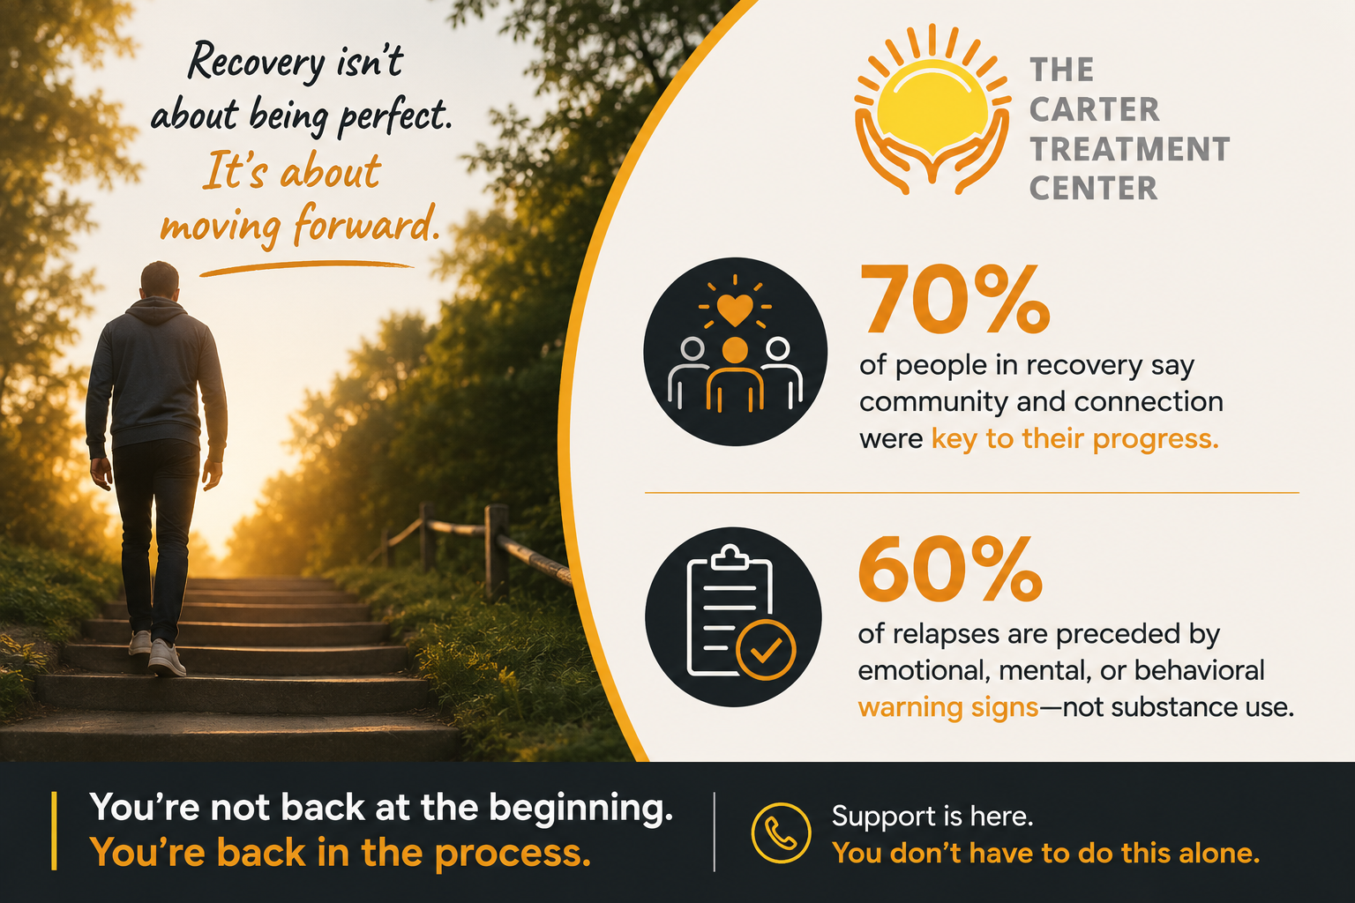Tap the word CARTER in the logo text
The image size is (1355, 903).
pos(1094,109)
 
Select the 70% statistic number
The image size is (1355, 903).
pos(954,300)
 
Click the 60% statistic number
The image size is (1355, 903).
pos(950,569)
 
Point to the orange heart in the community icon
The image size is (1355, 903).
pos(735,309)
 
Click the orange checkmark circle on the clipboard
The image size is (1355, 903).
pos(766,650)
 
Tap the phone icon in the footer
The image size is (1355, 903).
pos(781,832)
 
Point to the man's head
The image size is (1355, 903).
pos(160,280)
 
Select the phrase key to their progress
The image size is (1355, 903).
pos(1075,439)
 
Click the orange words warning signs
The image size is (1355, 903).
pos(948,707)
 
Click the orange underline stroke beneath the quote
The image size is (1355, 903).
pos(306,268)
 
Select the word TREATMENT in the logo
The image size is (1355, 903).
pos(1129,149)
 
